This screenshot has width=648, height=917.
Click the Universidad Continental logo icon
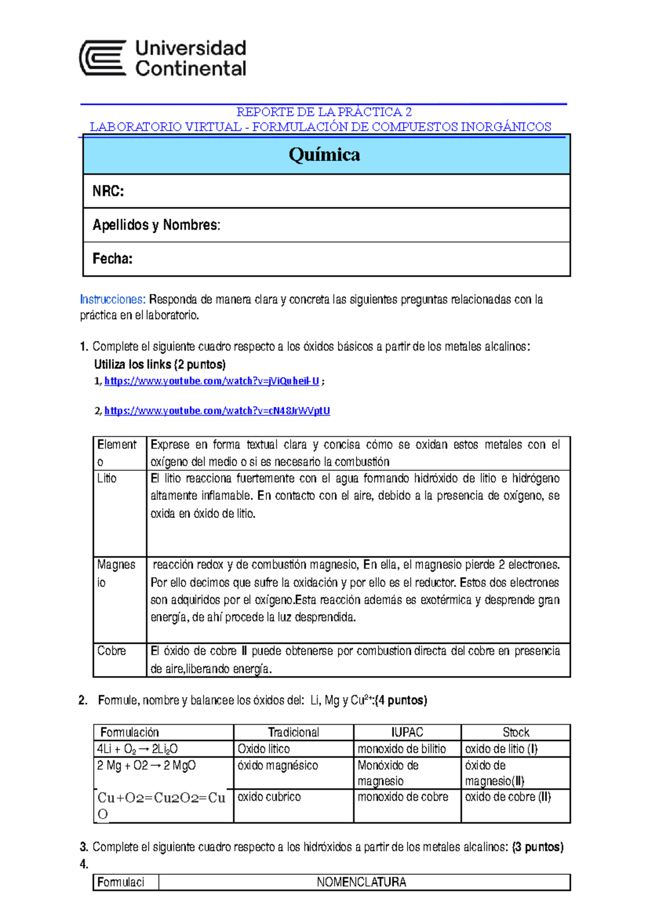coord(103,58)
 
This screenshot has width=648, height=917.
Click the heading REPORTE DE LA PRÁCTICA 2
coord(324,112)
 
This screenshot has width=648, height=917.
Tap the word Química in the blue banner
coord(324,154)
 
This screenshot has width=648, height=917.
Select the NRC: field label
coord(108,191)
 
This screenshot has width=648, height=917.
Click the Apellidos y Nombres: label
coord(156,225)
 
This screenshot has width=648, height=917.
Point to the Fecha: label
coord(112,259)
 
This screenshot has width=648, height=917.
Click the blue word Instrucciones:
coord(112,299)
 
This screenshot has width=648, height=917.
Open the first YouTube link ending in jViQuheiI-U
coord(212,381)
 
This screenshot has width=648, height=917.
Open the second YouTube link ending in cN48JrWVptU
coord(217,411)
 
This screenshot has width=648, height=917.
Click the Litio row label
coord(107,478)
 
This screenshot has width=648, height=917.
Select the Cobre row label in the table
coord(111,651)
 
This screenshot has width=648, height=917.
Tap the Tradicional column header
coord(293,732)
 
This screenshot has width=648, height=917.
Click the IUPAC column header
coord(407,732)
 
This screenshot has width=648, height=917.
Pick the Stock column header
coord(516,732)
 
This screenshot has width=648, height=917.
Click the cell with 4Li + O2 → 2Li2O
coord(137,749)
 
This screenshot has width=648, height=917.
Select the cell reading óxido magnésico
coord(278,765)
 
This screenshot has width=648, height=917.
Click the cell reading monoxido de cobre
coord(403,797)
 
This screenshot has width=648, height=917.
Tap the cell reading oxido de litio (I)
coord(501,749)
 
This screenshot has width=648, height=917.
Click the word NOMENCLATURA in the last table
coord(361,882)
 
